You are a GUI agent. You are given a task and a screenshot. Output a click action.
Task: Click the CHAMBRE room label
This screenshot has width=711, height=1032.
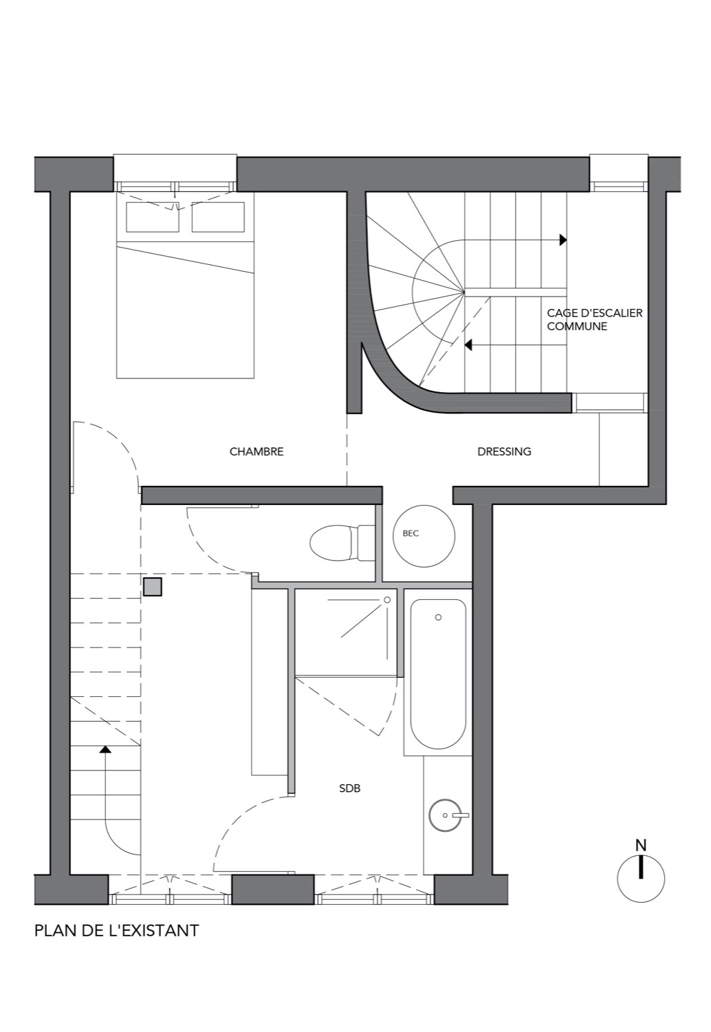pos(256,451)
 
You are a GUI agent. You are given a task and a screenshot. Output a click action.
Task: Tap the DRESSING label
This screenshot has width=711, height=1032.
pos(504,451)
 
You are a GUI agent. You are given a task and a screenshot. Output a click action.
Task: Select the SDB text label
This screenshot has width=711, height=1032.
pos(349,788)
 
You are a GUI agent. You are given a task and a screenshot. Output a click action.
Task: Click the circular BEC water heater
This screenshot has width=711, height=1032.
pos(424,536)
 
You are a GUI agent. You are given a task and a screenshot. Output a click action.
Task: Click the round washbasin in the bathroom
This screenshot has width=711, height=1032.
pos(445,815)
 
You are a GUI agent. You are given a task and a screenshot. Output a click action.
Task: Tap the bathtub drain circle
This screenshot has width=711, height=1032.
pos(439,617)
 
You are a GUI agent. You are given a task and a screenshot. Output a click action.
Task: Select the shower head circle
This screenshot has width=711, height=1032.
pos(387,600)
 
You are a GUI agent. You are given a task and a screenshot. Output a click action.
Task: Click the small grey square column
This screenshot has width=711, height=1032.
pos(153,587)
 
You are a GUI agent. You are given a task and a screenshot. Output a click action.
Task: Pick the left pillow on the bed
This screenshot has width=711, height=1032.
pos(153,217)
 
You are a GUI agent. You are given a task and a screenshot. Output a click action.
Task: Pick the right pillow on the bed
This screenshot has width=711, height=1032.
pos(218,217)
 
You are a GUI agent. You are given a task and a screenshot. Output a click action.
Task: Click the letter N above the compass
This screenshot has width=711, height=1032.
pos(641,846)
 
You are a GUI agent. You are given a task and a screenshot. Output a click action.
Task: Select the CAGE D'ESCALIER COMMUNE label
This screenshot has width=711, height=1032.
pos(595,320)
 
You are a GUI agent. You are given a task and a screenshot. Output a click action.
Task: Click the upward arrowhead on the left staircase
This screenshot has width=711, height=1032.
pos(105,749)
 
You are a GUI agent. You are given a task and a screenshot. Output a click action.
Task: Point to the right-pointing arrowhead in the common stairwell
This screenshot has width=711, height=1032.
pos(562,240)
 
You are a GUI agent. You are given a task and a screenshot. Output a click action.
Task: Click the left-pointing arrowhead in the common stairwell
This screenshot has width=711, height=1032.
pos(468,345)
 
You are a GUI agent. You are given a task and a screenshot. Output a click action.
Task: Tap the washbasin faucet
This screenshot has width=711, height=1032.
pos(460,815)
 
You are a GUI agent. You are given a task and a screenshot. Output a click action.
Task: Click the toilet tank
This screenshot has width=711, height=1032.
pos(367,543)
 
